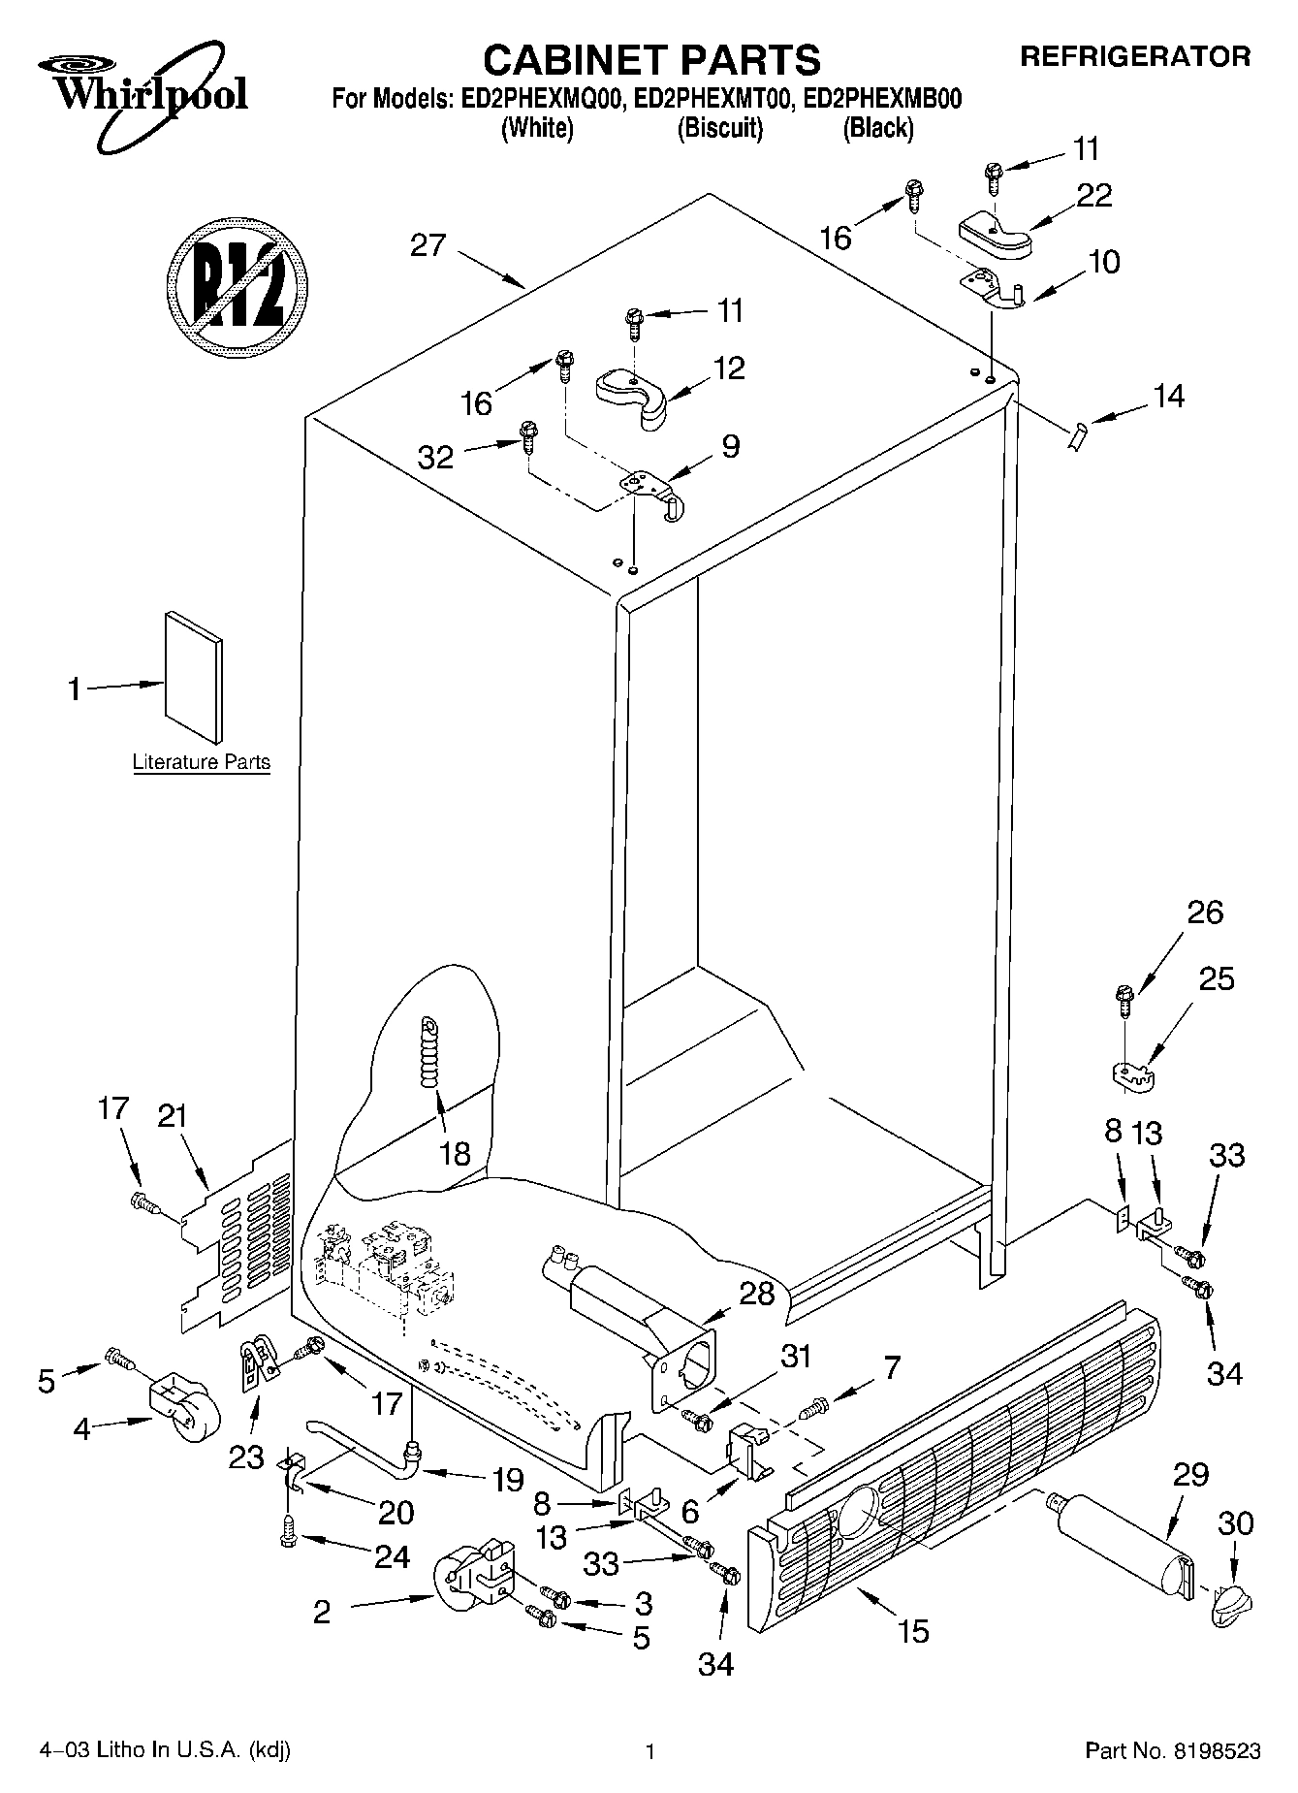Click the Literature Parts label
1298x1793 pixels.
click(201, 762)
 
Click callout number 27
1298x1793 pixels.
click(427, 245)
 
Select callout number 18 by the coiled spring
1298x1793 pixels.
click(455, 1153)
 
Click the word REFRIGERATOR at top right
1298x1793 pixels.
click(1134, 56)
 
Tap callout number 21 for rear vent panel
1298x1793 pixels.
click(172, 1116)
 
